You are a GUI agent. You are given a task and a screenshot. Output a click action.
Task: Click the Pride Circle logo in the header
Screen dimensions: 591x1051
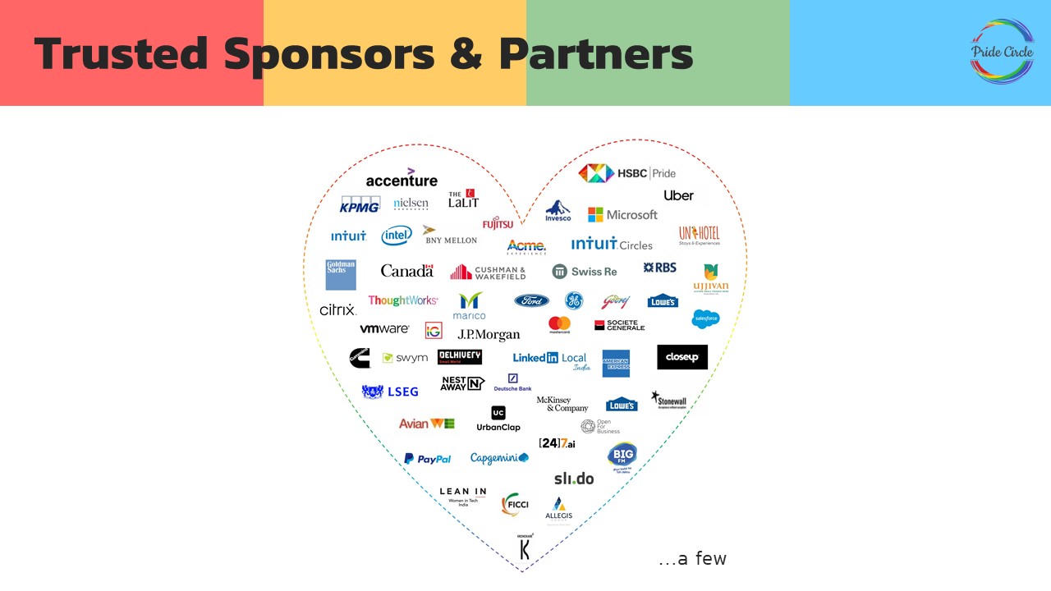click(1002, 51)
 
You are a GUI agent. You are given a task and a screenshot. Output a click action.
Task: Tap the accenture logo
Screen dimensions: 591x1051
click(402, 178)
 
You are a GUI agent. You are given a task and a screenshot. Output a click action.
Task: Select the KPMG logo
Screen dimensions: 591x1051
click(360, 204)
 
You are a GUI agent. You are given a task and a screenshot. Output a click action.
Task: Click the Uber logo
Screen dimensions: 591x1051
click(678, 195)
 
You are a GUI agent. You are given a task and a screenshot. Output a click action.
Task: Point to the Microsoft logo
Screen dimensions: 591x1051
click(622, 214)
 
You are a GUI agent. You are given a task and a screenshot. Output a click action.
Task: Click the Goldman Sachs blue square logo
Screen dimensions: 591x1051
click(341, 275)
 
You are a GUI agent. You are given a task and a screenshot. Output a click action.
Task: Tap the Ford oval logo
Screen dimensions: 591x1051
click(531, 300)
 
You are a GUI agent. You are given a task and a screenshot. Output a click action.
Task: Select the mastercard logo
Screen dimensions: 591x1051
click(559, 325)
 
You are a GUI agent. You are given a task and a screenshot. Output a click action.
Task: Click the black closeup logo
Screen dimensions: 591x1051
click(682, 357)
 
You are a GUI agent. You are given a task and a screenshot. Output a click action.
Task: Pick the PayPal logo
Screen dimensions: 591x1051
click(427, 459)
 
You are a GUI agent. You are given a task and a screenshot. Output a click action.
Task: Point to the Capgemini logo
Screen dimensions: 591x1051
click(499, 458)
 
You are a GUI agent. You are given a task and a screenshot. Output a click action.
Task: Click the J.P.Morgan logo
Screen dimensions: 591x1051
click(489, 334)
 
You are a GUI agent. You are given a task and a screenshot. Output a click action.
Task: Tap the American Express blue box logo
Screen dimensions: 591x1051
click(616, 363)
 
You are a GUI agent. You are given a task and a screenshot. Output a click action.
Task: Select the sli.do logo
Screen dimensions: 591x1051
click(573, 479)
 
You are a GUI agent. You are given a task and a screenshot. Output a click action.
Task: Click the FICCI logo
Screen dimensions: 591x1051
click(515, 504)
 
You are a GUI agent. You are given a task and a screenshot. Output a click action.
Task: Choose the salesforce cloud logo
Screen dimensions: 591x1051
click(705, 318)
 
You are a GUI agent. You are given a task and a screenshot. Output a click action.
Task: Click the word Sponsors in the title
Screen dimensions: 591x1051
click(328, 54)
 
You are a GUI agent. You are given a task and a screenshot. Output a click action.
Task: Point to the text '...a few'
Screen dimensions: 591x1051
click(692, 559)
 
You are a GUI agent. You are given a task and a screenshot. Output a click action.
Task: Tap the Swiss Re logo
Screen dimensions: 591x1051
click(585, 272)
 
